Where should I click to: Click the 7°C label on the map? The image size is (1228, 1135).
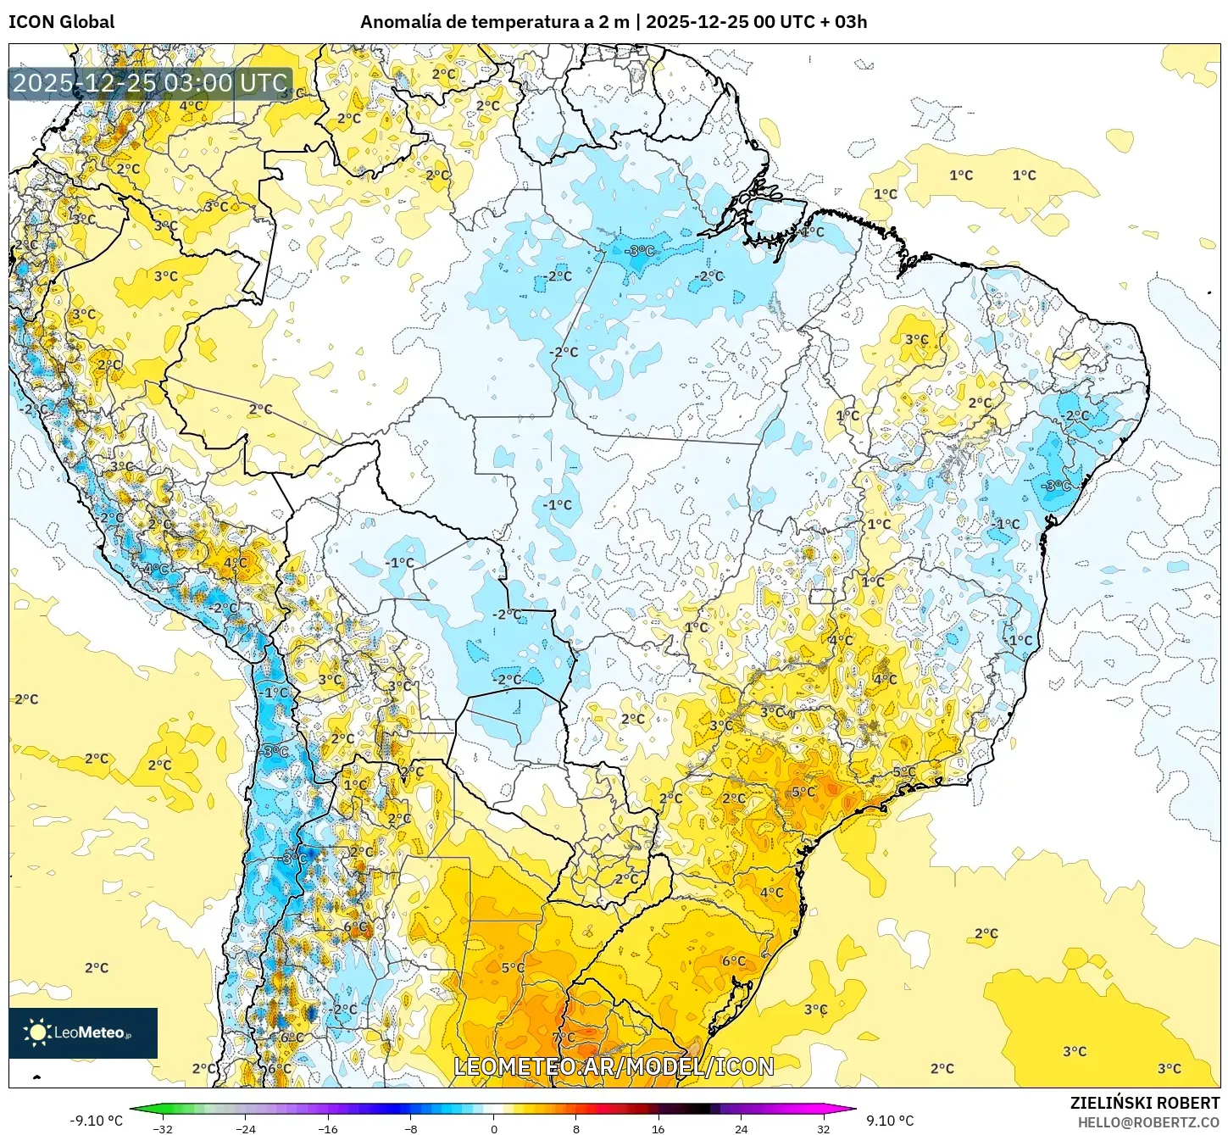(564, 1037)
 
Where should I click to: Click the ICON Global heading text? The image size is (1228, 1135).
(62, 22)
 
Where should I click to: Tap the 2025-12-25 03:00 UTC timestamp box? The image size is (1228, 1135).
(150, 83)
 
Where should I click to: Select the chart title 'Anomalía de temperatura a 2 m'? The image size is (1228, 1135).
(495, 22)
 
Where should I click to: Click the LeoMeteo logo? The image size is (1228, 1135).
(83, 1032)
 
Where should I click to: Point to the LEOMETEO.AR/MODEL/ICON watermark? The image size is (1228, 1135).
(614, 1066)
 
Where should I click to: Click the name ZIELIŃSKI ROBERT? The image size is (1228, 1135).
(1144, 1103)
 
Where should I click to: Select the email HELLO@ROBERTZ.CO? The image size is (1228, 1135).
(1147, 1122)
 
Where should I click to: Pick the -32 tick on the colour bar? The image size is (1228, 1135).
(163, 1128)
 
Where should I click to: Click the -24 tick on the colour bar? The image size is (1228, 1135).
(245, 1128)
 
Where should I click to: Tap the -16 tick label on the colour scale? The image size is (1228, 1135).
(328, 1128)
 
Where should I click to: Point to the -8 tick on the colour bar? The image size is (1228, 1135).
(410, 1128)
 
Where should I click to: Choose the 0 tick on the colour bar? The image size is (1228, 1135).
(493, 1128)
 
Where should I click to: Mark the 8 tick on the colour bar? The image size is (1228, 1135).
(576, 1128)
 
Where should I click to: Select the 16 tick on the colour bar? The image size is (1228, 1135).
(658, 1128)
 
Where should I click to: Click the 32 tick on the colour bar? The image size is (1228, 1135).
(824, 1128)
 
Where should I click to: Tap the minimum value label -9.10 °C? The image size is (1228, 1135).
(96, 1121)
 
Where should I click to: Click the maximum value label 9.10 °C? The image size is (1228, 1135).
(890, 1121)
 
